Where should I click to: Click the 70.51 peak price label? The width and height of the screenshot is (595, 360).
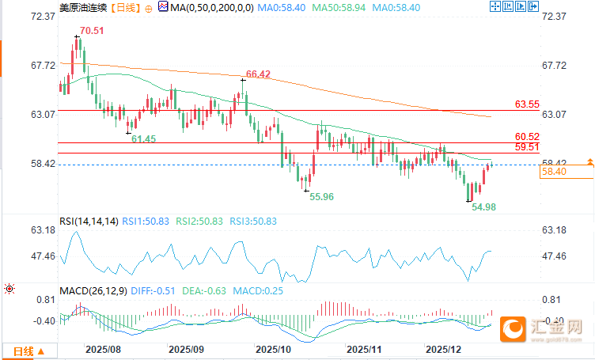tap(89, 32)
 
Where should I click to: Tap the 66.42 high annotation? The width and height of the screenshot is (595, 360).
tap(259, 74)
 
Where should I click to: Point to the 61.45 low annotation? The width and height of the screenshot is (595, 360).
tap(143, 139)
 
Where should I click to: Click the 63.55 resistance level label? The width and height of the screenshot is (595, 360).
tap(527, 104)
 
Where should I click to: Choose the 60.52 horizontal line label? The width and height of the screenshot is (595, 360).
tap(527, 136)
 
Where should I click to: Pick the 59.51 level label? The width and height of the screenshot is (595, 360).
tap(527, 146)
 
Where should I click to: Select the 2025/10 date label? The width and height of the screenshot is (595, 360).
tap(275, 348)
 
